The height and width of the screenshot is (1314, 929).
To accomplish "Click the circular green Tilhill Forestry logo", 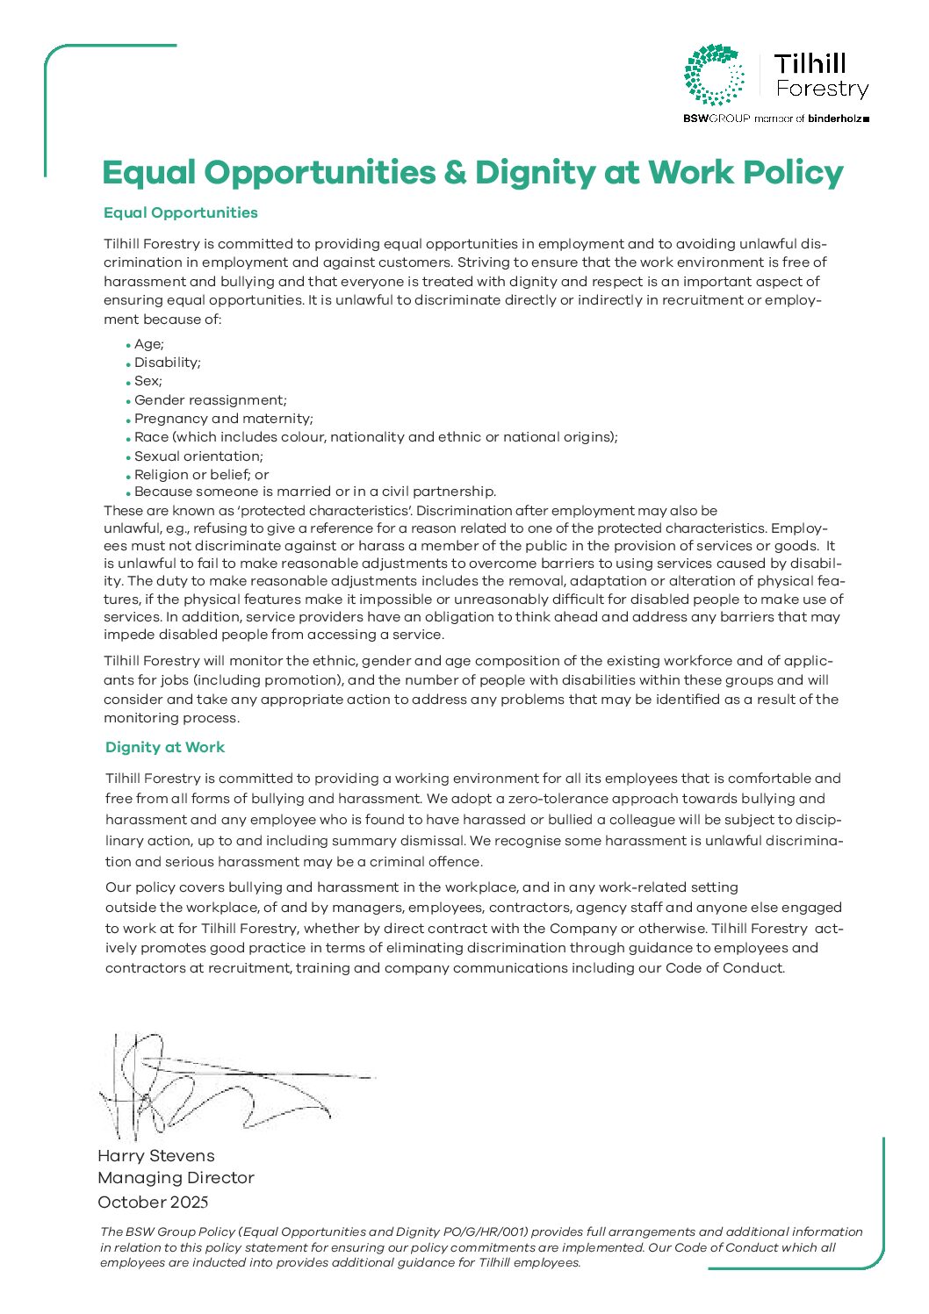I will pos(715,75).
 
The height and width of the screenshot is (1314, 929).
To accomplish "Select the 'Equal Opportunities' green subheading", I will pos(181,213).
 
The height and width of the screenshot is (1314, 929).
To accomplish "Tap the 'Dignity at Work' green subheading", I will pos(165,748).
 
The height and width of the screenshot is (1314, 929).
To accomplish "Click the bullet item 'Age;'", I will pos(149,344).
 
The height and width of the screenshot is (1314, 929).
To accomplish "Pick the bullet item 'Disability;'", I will pos(168,363).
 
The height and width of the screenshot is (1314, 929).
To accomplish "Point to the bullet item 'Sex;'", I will pos(148,381).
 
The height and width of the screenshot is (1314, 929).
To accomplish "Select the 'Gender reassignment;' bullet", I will pos(211,400).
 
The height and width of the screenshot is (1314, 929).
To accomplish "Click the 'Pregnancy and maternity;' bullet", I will pos(224,419).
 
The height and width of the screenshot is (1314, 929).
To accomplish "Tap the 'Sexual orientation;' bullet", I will pos(198,456).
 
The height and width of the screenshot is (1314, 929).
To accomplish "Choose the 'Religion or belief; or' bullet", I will pos(202,475).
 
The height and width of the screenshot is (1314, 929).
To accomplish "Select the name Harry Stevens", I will pos(156,1156).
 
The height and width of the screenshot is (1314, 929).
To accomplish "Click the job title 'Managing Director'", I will pos(176,1178).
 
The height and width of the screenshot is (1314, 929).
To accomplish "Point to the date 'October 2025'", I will pos(154,1203).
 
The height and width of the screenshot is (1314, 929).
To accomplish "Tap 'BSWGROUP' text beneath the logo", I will pos(717,118).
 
